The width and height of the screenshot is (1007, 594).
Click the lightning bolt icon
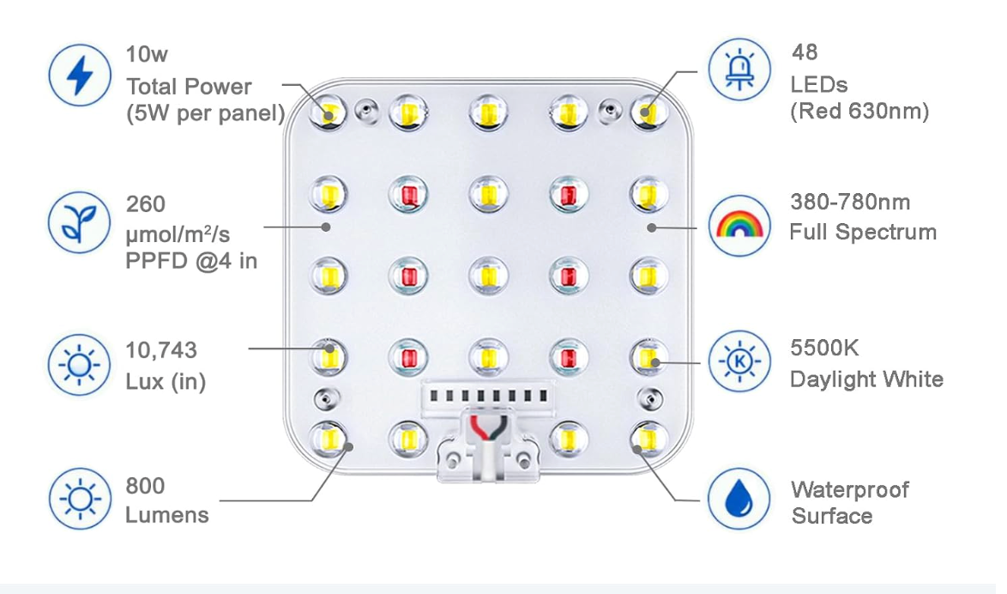[80, 76]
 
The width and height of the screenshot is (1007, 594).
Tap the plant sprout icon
[80, 221]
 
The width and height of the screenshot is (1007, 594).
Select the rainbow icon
[739, 226]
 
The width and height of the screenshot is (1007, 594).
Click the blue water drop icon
[739, 499]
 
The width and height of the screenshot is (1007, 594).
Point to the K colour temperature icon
[739, 361]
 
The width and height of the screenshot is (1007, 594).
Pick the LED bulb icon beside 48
[739, 70]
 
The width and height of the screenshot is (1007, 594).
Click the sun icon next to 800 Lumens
[80, 499]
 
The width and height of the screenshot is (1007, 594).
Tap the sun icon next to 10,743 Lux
[80, 365]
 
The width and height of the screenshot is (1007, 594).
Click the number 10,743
[161, 349]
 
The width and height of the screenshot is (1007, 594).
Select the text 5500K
[824, 348]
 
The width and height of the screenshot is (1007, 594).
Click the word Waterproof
[850, 490]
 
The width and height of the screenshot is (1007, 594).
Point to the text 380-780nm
[850, 202]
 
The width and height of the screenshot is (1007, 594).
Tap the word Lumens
[167, 515]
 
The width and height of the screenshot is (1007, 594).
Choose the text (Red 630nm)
[859, 112]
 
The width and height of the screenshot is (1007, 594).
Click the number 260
[146, 203]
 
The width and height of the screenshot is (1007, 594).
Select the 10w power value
[147, 54]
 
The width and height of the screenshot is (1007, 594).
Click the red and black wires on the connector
[490, 429]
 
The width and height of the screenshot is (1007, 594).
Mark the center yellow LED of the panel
[488, 276]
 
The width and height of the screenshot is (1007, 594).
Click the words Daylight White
[866, 379]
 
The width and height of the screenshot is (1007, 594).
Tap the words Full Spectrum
[863, 232]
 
